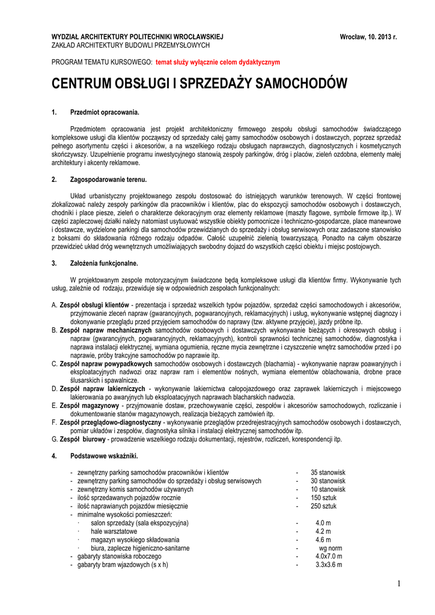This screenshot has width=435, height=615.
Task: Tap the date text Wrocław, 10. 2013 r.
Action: click(x=368, y=37)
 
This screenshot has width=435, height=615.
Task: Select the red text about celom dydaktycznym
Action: click(x=218, y=62)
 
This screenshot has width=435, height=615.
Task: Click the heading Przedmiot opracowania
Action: click(x=105, y=112)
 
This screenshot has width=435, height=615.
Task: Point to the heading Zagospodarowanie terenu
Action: click(x=109, y=180)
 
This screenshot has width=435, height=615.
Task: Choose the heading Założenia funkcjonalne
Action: click(x=104, y=263)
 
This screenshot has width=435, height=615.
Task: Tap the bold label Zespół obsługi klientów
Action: click(x=94, y=305)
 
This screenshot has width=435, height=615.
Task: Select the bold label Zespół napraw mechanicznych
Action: click(x=106, y=330)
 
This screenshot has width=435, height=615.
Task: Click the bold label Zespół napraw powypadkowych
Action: click(x=106, y=364)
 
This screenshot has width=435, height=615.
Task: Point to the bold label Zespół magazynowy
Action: click(x=89, y=406)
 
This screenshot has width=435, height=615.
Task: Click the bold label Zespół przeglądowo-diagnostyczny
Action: click(x=110, y=423)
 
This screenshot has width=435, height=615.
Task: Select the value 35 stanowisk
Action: click(x=328, y=473)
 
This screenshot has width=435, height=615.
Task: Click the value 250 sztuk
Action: click(x=323, y=506)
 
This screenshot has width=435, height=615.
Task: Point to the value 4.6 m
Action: click(x=323, y=539)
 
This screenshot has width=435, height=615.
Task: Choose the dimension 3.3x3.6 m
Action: click(x=329, y=565)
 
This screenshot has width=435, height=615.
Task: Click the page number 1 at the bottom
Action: click(x=398, y=584)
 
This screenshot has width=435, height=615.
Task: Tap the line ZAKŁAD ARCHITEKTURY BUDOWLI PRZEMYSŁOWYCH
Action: click(x=130, y=45)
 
